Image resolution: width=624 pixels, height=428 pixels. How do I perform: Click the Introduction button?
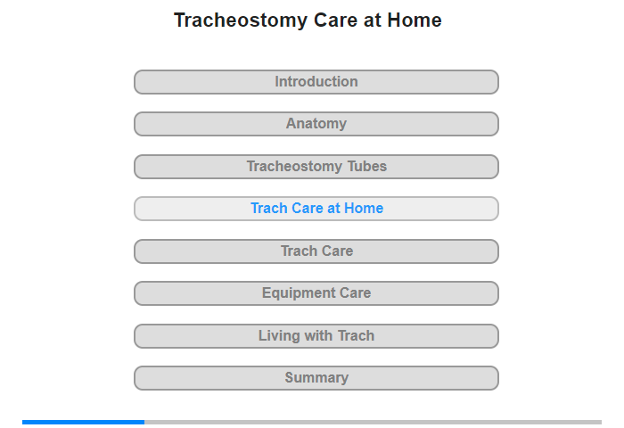[x=316, y=82]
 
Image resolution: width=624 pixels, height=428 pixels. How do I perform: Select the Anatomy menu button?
[x=316, y=124]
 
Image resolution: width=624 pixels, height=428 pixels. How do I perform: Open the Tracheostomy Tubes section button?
[x=316, y=167]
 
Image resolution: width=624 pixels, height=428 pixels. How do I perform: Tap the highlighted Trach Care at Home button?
[x=316, y=209]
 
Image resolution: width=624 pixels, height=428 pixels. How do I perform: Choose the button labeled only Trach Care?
[x=316, y=251]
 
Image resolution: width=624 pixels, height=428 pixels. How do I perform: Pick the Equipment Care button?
[x=316, y=293]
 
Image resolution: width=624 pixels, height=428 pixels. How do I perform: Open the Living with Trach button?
[x=316, y=336]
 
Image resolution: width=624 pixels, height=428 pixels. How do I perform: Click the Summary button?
[x=316, y=378]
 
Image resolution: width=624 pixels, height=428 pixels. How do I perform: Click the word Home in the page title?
[x=415, y=21]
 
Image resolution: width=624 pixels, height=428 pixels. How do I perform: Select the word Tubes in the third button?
[x=366, y=167]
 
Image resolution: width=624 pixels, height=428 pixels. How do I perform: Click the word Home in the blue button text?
[x=364, y=209]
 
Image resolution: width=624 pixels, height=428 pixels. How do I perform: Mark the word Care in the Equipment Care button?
[x=354, y=293]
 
